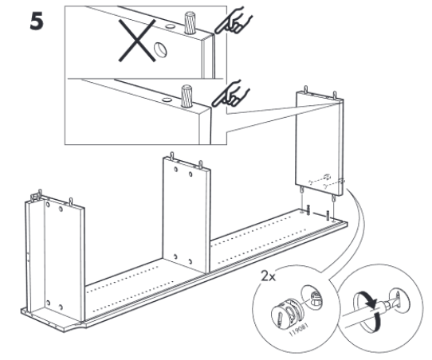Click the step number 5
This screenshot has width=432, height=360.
click(37, 22)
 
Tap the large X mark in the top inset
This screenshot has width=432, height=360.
click(137, 41)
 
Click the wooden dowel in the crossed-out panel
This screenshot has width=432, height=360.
click(190, 22)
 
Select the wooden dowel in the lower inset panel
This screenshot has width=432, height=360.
click(187, 96)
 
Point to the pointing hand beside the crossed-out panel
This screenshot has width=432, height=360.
click(233, 22)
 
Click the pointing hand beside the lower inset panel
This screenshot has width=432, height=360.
click(230, 94)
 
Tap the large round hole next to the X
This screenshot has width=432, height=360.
click(160, 50)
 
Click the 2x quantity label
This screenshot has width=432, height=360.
click(268, 276)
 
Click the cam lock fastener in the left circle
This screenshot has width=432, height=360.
click(286, 314)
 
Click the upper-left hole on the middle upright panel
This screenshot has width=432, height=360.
click(176, 169)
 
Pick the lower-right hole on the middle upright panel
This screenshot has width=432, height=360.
click(190, 260)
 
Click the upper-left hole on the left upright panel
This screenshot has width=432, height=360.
click(48, 205)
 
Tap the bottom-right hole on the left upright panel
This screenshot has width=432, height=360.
click(61, 307)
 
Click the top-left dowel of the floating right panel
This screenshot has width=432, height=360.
click(306, 89)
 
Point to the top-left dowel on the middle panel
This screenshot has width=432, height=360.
click(172, 155)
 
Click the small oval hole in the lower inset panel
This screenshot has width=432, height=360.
click(166, 100)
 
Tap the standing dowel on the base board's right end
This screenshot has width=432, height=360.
click(328, 215)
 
